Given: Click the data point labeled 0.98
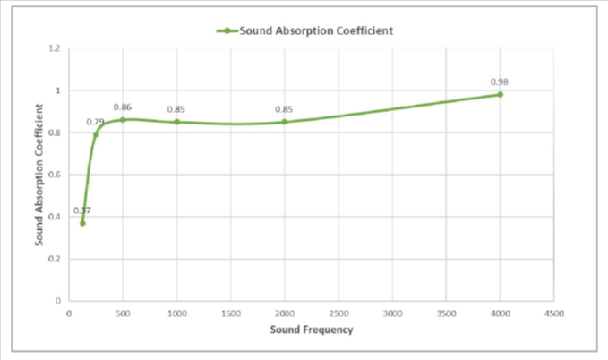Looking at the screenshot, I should tap(500, 94).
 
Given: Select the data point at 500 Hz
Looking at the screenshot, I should tap(123, 119).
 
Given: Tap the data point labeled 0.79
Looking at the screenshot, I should tap(96, 134).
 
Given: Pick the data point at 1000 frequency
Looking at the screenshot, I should tap(176, 122).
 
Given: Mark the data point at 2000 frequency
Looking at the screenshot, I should tap(285, 122).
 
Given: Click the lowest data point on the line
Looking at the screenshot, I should tap(82, 223).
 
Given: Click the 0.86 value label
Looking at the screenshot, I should tap(123, 107).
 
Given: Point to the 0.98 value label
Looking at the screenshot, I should tap(500, 81).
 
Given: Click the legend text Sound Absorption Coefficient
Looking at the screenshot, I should tap(317, 30).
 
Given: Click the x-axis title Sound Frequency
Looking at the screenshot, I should tap(312, 330).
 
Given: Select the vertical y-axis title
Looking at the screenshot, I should tap(40, 174).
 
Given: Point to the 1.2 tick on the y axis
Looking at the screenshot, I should tap(55, 48).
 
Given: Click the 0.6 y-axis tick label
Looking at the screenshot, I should tap(55, 175).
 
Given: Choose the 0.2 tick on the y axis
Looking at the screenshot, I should tap(55, 259).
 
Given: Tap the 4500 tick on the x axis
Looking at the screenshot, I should tap(553, 313).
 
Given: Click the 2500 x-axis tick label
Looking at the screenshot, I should tap(338, 313).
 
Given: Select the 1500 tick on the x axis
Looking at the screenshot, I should tap(230, 313).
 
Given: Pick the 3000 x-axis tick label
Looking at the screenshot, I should tap(392, 313).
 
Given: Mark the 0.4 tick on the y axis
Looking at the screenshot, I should tap(55, 217).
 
